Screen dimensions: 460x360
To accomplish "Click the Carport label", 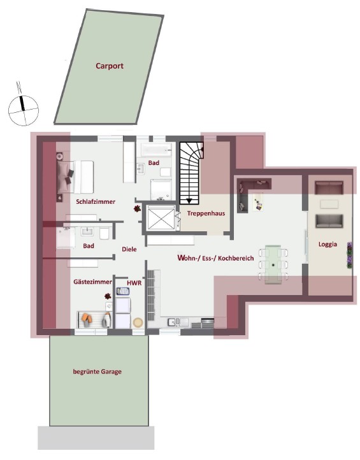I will point(109,66).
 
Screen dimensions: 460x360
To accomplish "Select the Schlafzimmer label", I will point(96,201).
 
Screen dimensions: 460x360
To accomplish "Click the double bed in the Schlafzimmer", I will point(76,176).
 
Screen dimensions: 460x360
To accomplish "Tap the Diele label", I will point(130,250).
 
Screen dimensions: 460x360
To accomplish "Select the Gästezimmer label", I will point(93,281).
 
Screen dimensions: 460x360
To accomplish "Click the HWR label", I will point(134,282).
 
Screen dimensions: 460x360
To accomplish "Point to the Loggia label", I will point(329,244).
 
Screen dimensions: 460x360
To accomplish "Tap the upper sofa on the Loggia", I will point(329,187).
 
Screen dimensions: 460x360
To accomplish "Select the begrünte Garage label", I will point(97,371).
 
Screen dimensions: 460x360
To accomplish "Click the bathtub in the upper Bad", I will point(155,150).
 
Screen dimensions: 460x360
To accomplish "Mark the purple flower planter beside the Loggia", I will point(349,256).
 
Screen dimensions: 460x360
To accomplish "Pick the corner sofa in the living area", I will point(249,192).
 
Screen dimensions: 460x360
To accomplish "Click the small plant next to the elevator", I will point(137,208).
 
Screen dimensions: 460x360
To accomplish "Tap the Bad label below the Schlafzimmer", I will point(89,245).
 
